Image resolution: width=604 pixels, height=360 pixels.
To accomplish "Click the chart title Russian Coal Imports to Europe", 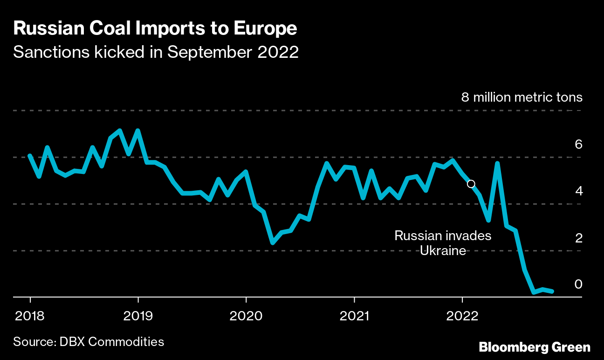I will coord(155,28).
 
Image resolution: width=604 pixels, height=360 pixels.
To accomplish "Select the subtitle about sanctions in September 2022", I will coord(156,52).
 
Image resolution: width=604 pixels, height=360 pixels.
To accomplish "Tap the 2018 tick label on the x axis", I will coord(30,316).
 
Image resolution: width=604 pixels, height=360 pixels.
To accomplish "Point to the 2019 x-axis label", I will coord(138,316).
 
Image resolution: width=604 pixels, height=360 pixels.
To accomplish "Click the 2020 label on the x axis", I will coord(246,316).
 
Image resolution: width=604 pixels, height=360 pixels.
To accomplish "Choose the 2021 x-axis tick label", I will coord(354,316).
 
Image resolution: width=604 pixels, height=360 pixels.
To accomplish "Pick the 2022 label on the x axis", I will coord(462,316).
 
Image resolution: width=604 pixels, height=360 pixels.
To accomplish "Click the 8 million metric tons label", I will coord(522,97).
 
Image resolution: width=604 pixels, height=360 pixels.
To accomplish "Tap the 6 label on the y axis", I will coord(578,144).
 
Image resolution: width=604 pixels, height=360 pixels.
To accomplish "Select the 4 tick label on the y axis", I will coord(578,191).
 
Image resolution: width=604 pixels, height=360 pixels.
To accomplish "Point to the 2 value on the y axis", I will coord(578,238).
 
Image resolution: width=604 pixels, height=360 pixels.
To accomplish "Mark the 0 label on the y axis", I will coord(578,284).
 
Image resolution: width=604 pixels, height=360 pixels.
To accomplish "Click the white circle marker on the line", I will coord(471,184).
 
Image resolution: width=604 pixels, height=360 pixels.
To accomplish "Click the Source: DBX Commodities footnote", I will coord(89,341).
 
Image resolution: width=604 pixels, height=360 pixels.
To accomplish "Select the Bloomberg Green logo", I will coord(535,347).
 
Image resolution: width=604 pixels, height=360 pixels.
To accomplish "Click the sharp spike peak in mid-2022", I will coord(498,163).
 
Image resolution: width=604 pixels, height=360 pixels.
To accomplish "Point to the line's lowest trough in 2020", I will coord(273,242).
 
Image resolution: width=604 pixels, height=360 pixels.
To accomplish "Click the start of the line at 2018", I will coord(30,156).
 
